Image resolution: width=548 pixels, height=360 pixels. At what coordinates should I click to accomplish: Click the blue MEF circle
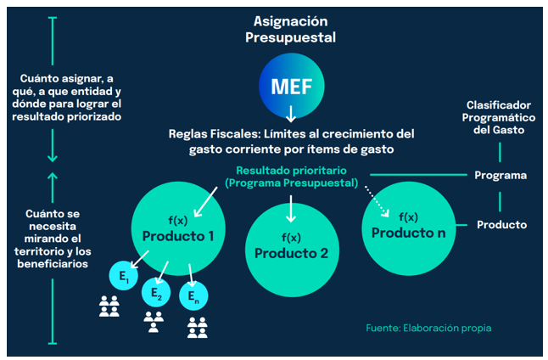tap(290, 86)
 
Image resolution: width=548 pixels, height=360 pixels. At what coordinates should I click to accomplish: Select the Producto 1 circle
tap(177, 225)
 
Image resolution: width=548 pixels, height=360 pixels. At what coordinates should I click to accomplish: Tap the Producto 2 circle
tap(290, 245)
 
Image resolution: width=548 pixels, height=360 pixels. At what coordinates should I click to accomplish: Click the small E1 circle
tap(124, 275)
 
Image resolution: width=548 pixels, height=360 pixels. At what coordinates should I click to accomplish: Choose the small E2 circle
tap(156, 291)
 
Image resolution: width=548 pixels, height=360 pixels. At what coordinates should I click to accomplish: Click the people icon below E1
tap(109, 307)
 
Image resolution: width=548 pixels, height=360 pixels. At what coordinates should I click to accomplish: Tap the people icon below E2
tap(154, 321)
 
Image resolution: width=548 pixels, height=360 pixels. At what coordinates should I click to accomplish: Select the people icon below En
tap(197, 327)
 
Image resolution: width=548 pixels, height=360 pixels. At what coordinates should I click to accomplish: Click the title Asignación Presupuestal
tap(290, 29)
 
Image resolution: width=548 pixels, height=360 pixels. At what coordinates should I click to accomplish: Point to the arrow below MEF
tap(290, 114)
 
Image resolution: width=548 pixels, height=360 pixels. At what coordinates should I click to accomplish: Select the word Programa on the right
tap(500, 176)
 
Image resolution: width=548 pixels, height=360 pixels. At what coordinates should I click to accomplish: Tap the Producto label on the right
tap(501, 225)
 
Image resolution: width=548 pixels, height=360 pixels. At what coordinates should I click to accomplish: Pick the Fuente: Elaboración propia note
tap(428, 328)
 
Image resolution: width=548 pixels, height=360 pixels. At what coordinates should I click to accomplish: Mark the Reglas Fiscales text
tap(290, 141)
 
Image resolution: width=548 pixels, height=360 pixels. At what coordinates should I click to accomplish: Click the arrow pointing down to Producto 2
tap(290, 208)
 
